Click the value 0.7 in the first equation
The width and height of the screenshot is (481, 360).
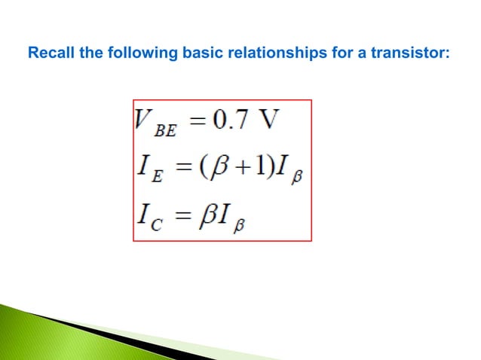pos(231,123)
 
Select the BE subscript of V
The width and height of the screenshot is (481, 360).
pos(165,131)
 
